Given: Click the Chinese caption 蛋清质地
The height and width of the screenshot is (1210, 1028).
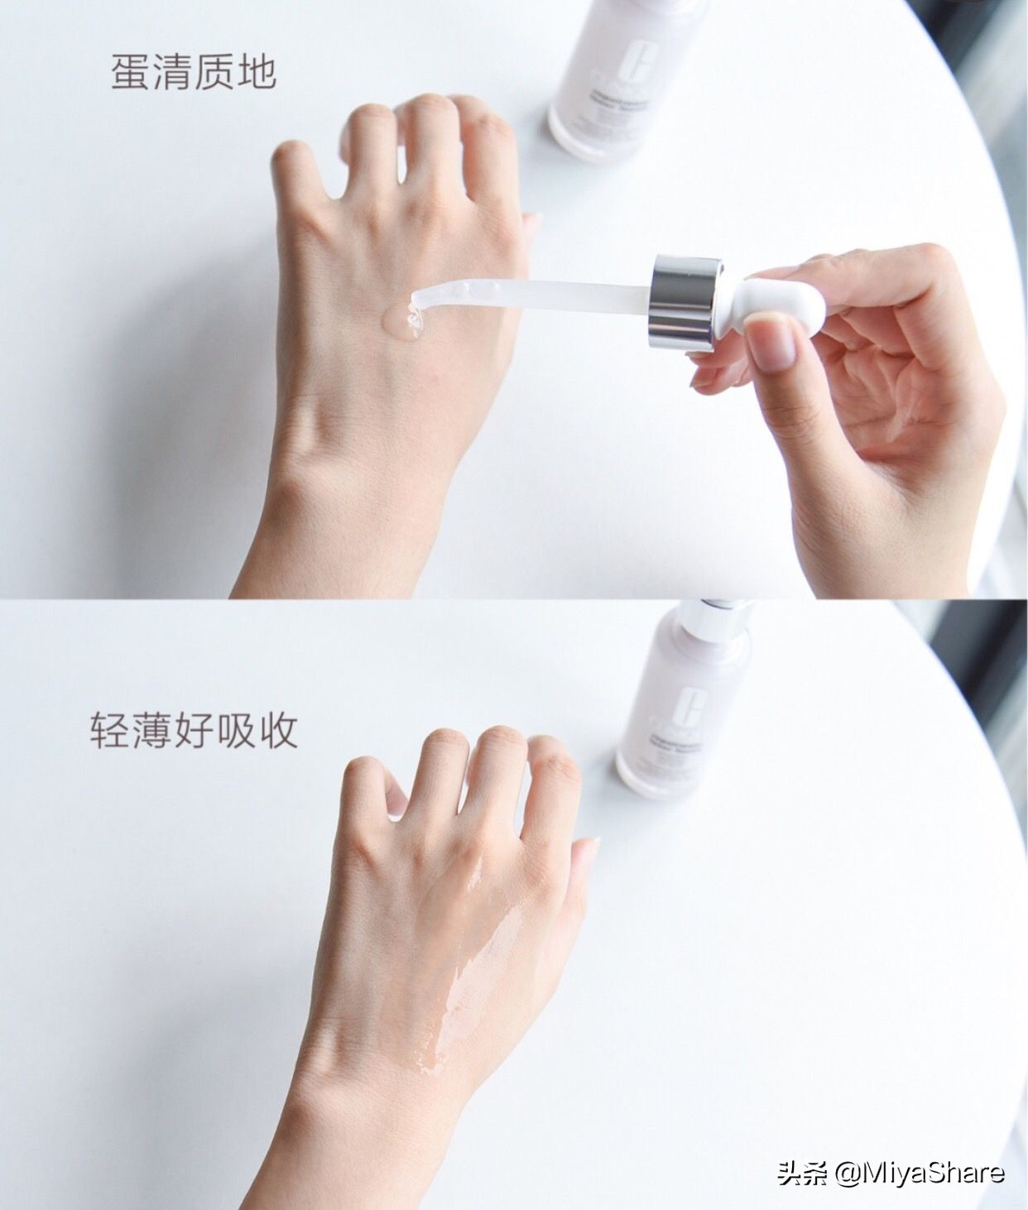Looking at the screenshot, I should (193, 73).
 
